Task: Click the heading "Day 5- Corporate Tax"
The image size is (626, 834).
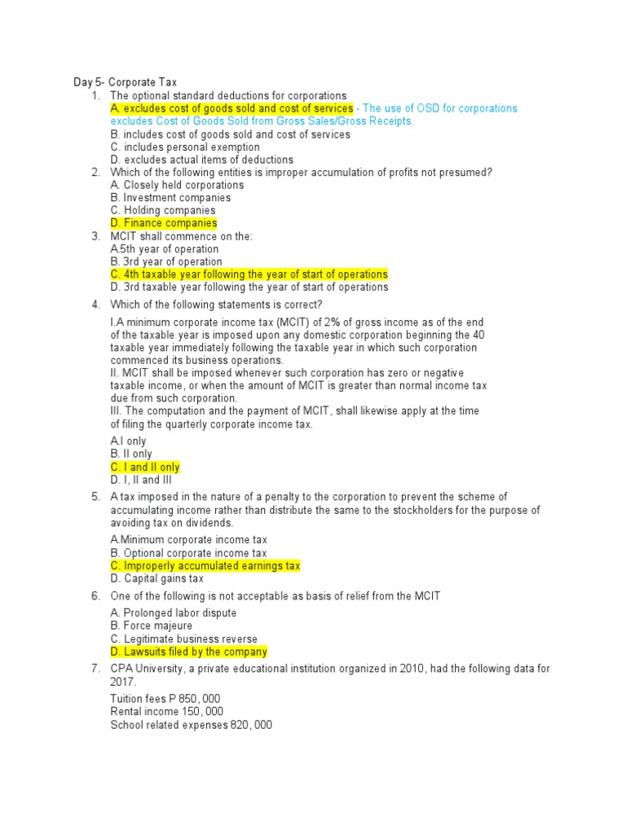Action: click(x=125, y=82)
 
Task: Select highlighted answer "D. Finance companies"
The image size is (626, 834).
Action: click(x=163, y=223)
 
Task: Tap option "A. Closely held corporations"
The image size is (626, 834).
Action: click(x=177, y=185)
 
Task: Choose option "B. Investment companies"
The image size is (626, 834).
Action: click(x=170, y=198)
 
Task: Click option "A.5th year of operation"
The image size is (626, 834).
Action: click(x=165, y=249)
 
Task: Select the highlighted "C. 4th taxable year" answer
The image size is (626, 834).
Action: click(x=249, y=274)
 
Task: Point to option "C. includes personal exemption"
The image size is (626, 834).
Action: click(x=185, y=147)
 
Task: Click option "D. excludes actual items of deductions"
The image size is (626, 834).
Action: click(x=201, y=160)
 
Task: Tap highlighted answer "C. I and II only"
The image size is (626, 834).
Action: click(x=145, y=467)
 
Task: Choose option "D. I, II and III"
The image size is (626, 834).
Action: click(x=141, y=480)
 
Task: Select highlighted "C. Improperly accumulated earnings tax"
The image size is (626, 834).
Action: click(x=205, y=565)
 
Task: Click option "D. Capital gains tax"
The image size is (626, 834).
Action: click(x=156, y=578)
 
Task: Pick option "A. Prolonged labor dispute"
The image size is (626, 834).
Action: click(x=174, y=613)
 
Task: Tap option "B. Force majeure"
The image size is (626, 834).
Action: click(x=152, y=625)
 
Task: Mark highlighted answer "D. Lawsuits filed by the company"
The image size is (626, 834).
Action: click(x=188, y=652)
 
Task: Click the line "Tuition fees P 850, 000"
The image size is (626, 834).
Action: click(x=165, y=699)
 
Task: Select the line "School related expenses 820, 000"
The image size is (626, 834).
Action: click(x=191, y=724)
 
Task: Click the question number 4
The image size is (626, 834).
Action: click(x=95, y=305)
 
